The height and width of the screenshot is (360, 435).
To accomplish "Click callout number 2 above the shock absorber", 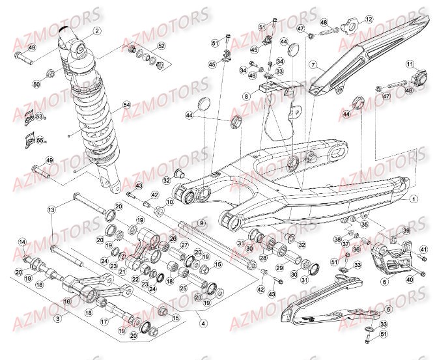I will coord(97,31).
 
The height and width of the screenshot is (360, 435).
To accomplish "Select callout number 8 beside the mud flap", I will coord(247,96).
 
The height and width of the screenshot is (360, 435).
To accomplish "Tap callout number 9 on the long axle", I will coord(203,223).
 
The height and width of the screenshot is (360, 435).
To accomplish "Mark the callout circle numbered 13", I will coord(51,210).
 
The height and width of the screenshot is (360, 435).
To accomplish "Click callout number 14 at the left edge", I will coord(21,243).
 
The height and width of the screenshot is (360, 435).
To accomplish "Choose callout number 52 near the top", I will coord(161,46).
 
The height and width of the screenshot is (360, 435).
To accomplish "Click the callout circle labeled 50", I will coord(36,85).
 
